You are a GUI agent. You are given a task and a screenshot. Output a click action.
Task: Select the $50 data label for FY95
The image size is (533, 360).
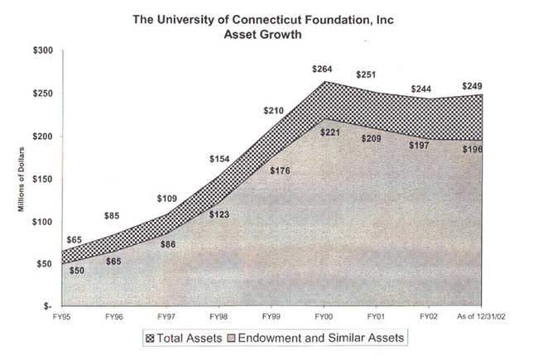tap(53, 271)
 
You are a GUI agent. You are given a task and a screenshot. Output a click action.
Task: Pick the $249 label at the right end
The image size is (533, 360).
tap(472, 85)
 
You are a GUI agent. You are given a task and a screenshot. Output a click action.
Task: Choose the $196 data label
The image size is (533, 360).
tap(473, 149)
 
